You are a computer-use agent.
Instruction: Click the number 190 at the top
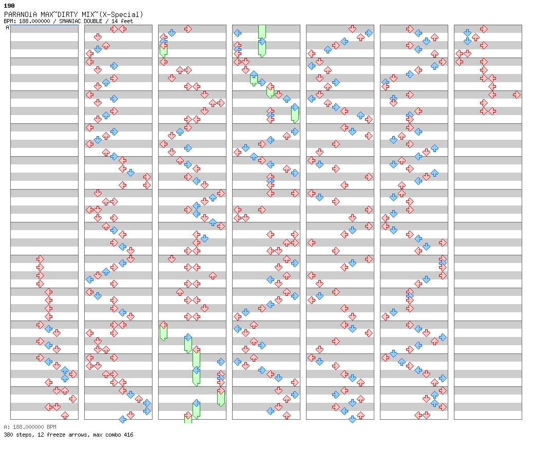pyautogui.click(x=9, y=6)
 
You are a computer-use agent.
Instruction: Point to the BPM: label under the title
pyautogui.click(x=10, y=21)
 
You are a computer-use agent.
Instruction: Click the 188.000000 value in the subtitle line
pyautogui.click(x=34, y=21)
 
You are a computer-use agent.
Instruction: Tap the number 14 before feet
pyautogui.click(x=115, y=21)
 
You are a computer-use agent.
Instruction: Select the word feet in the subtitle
pyautogui.click(x=127, y=21)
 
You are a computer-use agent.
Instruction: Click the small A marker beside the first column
pyautogui.click(x=7, y=27)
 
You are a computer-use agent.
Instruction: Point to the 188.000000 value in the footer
pyautogui.click(x=28, y=427)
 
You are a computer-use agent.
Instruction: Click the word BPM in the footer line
pyautogui.click(x=51, y=427)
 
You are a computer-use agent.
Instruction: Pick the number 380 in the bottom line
pyautogui.click(x=8, y=435)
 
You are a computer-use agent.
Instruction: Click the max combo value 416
pyautogui.click(x=129, y=435)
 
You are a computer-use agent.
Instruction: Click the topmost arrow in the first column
pyautogui.click(x=40, y=259)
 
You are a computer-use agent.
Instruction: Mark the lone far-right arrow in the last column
pyautogui.click(x=517, y=95)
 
